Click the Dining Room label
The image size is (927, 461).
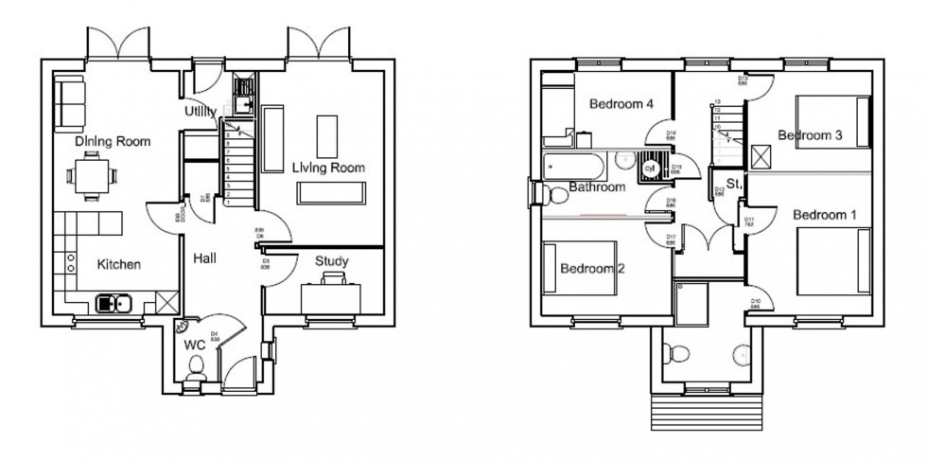coord(113,141)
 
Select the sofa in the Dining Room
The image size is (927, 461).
coord(68,102)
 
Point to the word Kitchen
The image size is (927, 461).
coord(119,264)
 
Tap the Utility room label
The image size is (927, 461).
coord(206,112)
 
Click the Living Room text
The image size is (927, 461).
coord(328,167)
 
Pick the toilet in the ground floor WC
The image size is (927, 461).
coord(196,380)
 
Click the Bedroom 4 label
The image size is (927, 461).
coord(622,104)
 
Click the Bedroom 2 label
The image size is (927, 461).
coord(592,268)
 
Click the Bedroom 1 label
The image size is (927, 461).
coord(824,215)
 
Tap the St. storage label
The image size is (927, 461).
coord(733,182)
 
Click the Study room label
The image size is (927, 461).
coord(331,261)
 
